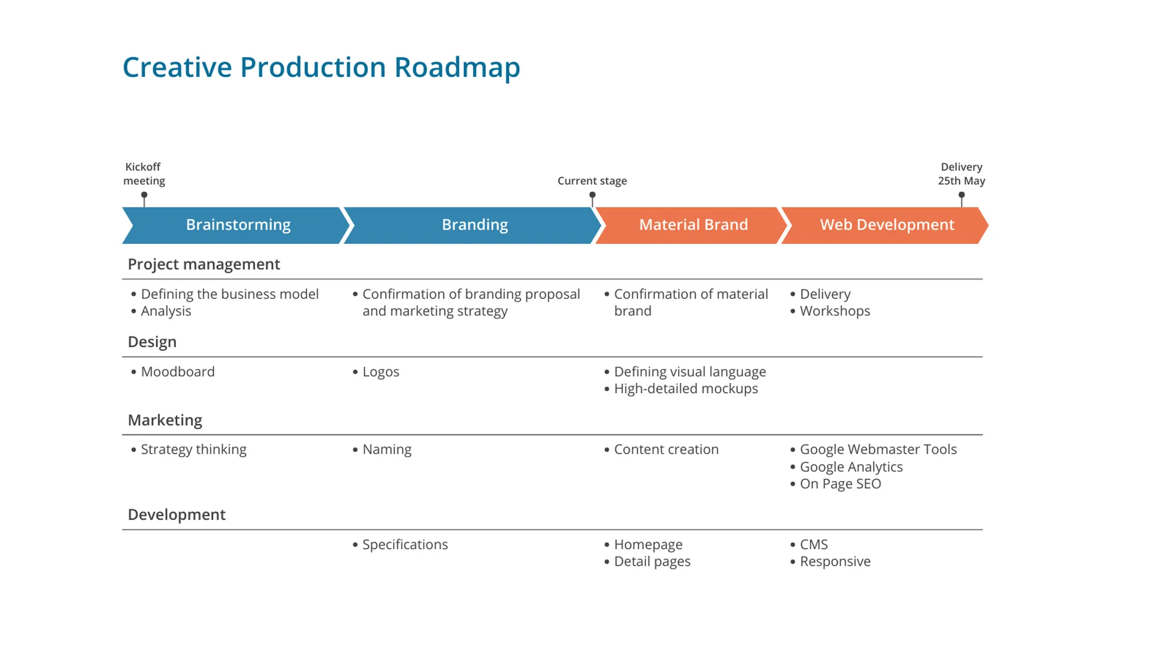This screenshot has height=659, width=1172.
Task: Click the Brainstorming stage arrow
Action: (237, 225)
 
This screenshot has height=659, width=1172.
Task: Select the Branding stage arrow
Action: (474, 225)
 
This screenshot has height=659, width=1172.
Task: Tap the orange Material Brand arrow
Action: (693, 225)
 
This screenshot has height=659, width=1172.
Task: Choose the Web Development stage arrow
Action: (886, 225)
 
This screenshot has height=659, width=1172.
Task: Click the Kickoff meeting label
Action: (144, 174)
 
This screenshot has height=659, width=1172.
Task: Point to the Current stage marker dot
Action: (592, 195)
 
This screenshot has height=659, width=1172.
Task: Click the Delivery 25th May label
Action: (961, 174)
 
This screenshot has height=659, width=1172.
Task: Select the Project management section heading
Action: (203, 264)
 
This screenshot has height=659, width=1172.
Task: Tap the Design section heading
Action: (152, 342)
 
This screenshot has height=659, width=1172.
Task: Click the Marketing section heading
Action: (165, 420)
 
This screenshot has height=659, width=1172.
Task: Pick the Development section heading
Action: (176, 515)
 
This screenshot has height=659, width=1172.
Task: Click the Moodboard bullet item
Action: (177, 372)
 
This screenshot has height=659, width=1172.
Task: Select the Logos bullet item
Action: (380, 372)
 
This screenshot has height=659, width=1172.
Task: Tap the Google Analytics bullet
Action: (851, 467)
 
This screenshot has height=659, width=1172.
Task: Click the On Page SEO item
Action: (840, 484)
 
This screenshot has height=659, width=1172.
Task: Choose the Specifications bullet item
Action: (404, 545)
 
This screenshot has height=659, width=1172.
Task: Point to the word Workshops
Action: (835, 311)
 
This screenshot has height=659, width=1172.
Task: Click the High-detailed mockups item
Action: (685, 389)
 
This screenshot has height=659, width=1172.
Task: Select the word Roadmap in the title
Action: (457, 68)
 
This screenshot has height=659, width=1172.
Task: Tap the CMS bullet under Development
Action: (813, 545)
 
